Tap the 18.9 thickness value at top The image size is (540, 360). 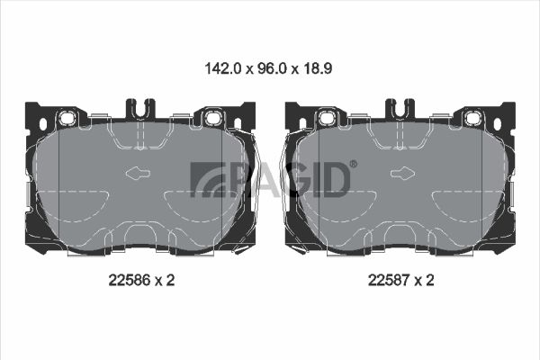pyautogui.click(x=317, y=68)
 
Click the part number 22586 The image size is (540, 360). pyautogui.click(x=130, y=280)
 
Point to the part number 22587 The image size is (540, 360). pyautogui.click(x=389, y=280)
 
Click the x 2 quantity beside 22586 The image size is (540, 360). pyautogui.click(x=165, y=280)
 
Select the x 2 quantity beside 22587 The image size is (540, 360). pyautogui.click(x=424, y=280)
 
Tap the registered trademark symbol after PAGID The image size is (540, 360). pyautogui.click(x=354, y=164)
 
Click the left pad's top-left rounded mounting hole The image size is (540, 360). pyautogui.click(x=66, y=118)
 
